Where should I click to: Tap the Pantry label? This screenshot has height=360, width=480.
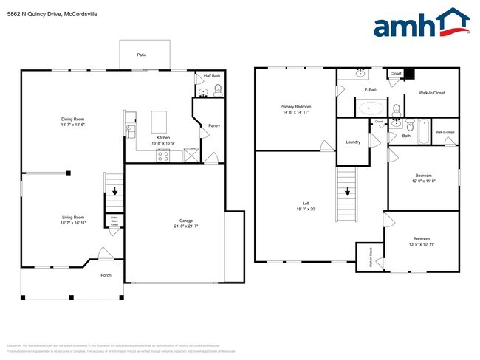(214, 125)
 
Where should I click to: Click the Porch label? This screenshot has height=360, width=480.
(106, 274)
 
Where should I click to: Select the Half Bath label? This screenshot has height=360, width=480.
(212, 76)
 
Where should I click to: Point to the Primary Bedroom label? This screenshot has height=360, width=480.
(295, 107)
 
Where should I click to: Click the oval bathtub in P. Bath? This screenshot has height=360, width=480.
(369, 108)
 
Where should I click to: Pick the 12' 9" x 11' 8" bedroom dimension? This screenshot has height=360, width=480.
(423, 181)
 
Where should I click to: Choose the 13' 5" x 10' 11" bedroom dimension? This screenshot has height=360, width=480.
(422, 243)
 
